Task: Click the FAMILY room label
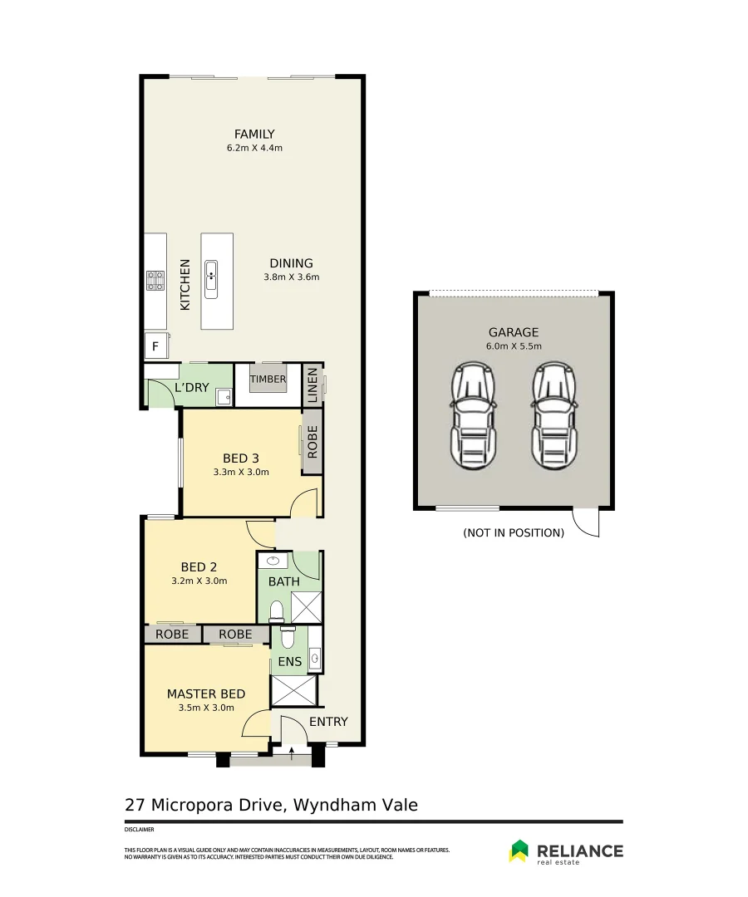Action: [x=254, y=134]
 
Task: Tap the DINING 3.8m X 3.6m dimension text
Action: [x=291, y=277]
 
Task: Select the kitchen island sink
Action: [x=211, y=279]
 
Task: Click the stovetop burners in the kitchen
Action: [x=155, y=281]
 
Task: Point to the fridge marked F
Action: [x=155, y=346]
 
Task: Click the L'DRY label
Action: [x=192, y=387]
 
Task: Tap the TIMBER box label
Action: [x=268, y=380]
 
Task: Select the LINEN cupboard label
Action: [x=312, y=385]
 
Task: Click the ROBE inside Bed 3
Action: [x=312, y=442]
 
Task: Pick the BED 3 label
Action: [x=241, y=458]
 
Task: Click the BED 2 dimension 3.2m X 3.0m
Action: [x=199, y=581]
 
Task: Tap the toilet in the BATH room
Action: [x=277, y=611]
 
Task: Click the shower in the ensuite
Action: [x=293, y=690]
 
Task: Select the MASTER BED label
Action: [x=206, y=694]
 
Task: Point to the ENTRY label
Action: [x=328, y=722]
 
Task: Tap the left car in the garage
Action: [x=473, y=415]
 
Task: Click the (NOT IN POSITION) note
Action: [x=514, y=532]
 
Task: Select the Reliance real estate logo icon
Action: [x=519, y=850]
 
